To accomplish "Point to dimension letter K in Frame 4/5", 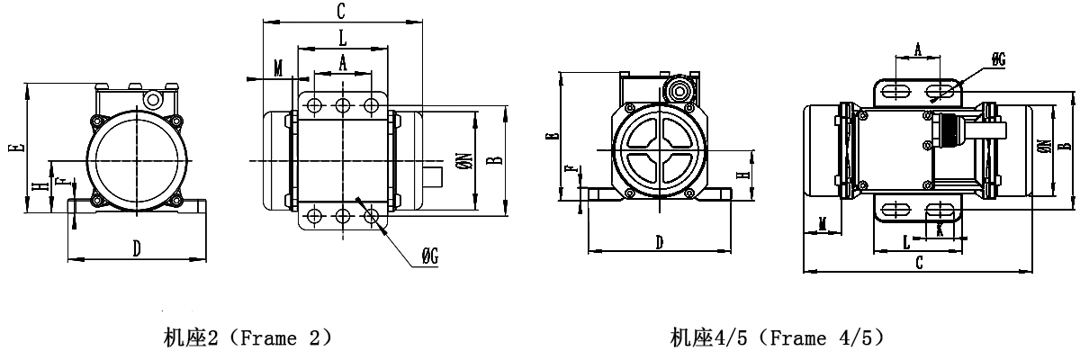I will (x=940, y=229).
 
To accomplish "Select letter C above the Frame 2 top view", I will (x=341, y=11).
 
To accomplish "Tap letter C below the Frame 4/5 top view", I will (x=918, y=262).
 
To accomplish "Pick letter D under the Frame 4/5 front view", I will (x=660, y=242).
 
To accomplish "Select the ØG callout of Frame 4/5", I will (x=998, y=59).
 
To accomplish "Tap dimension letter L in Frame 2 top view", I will (x=342, y=37).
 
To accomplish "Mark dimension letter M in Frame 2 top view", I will (x=278, y=67).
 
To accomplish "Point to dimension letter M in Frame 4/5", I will (x=822, y=222).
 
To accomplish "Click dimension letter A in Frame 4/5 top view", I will (x=917, y=50).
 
